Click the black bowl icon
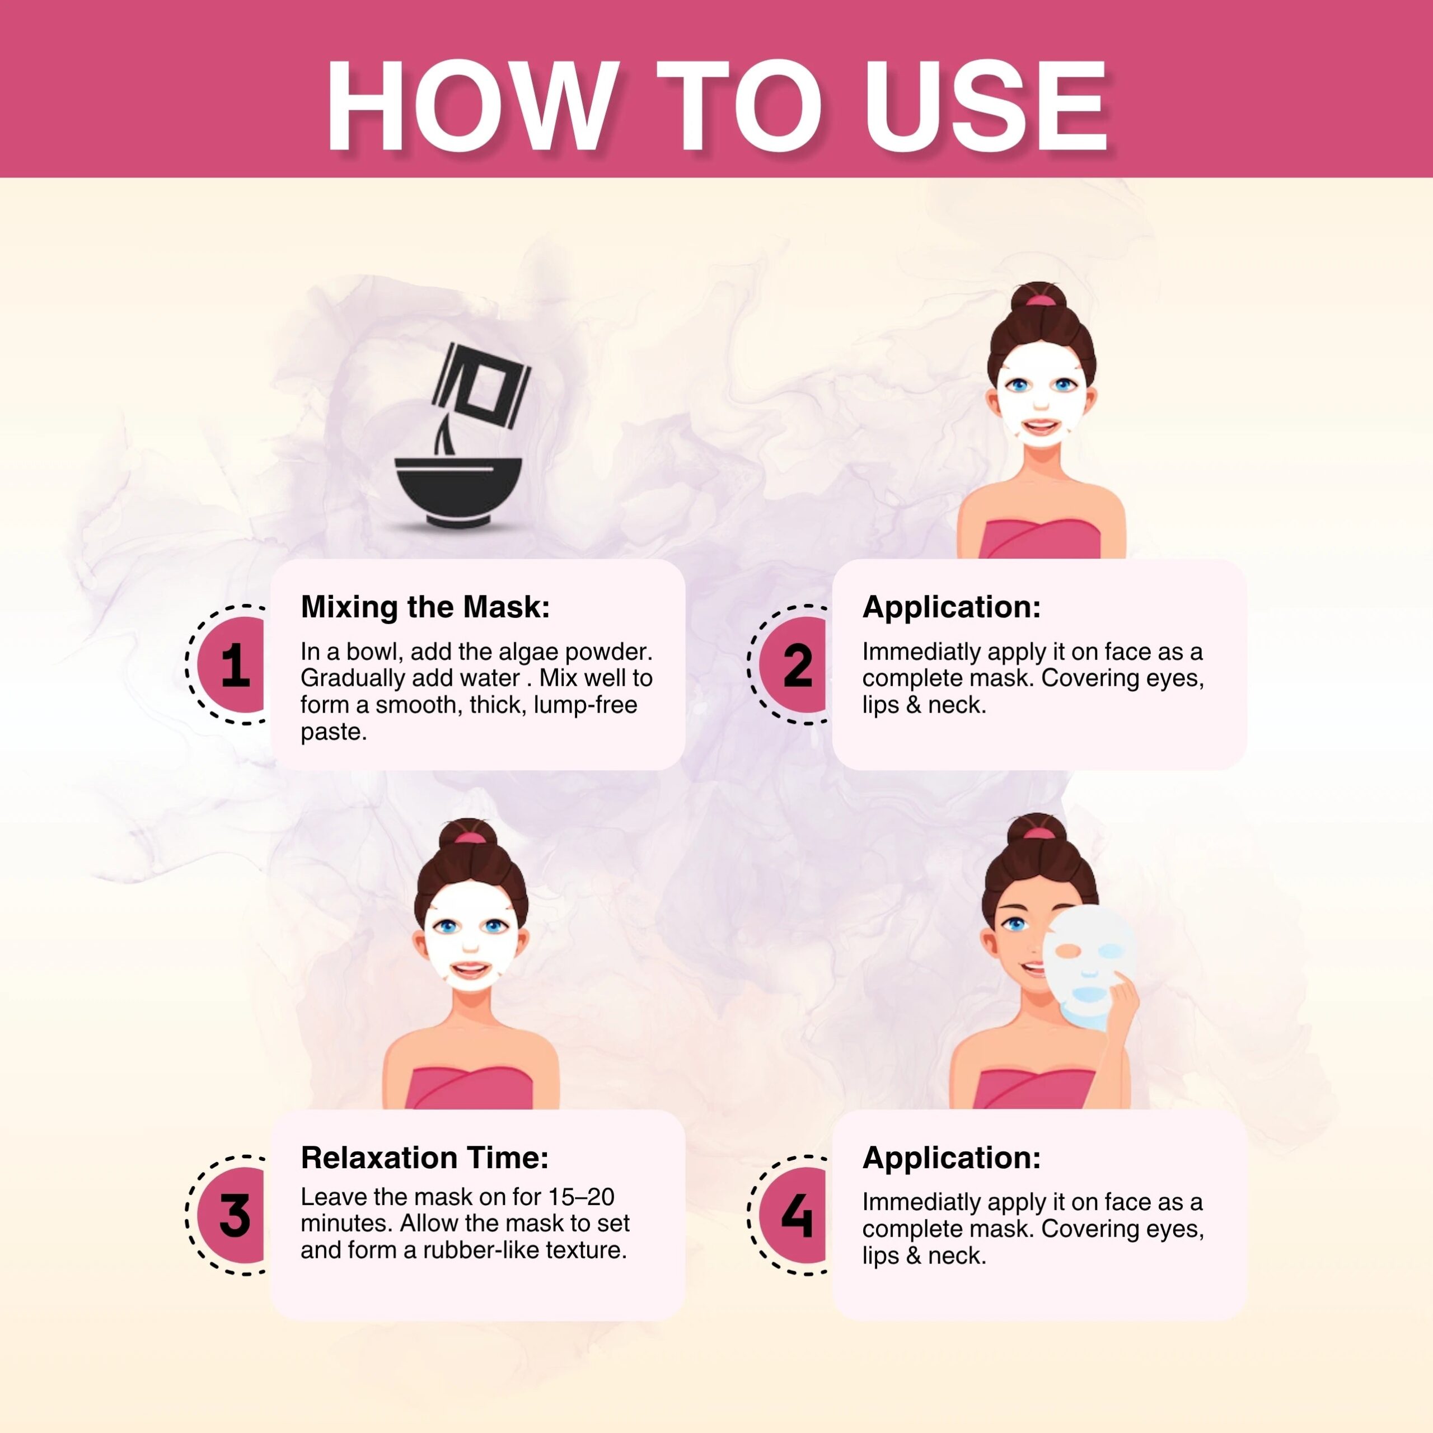[458, 492]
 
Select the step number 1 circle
[231, 664]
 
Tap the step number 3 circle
[231, 1215]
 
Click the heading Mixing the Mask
[425, 607]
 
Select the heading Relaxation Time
[425, 1157]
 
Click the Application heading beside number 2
[952, 607]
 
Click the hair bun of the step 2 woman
[1041, 304]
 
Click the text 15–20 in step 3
[582, 1196]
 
